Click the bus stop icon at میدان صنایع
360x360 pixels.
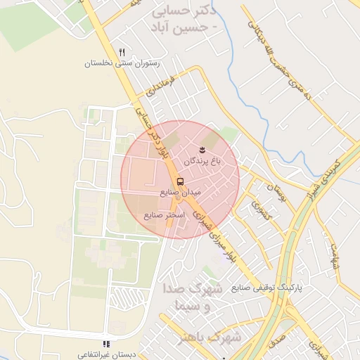[x=181, y=181]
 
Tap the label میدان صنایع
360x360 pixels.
[x=181, y=192]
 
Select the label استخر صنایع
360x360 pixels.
[x=165, y=214]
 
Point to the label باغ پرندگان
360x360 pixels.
[x=202, y=161]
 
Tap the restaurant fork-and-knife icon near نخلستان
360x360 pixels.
[x=122, y=53]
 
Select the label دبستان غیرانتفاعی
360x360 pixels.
[x=106, y=354]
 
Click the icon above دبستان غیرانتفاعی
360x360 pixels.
[x=106, y=344]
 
